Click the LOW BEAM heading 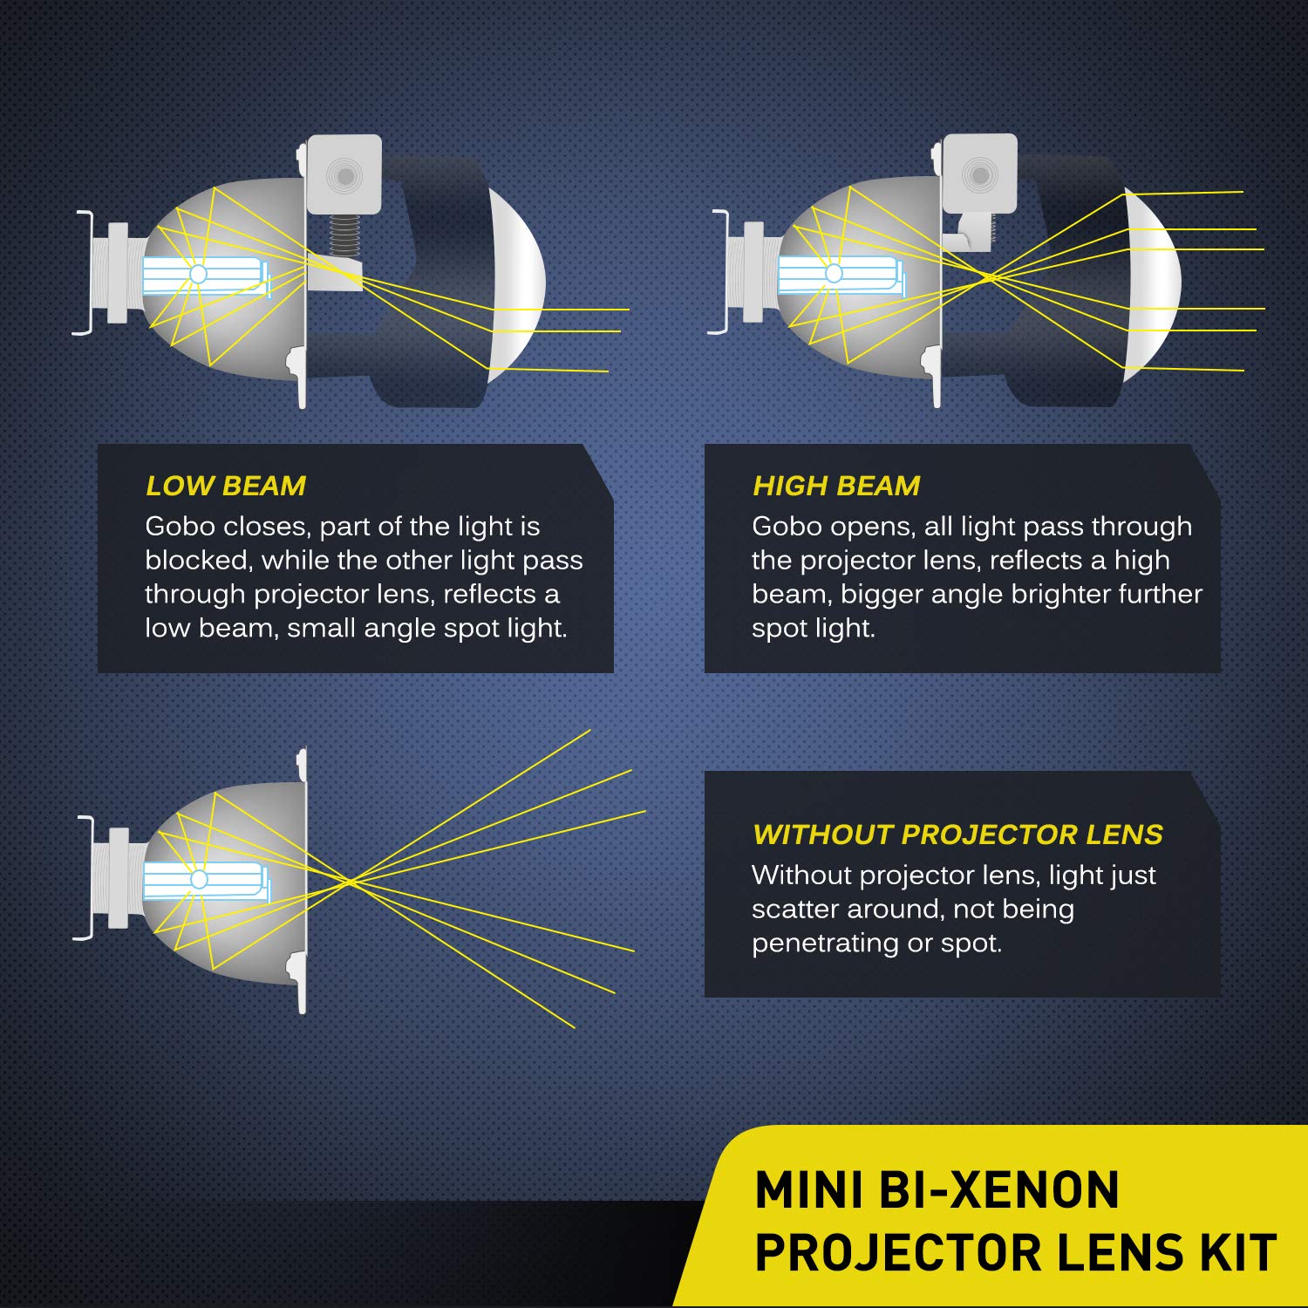[x=225, y=486]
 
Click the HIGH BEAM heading [x=835, y=486]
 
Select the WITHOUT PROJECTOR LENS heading [x=957, y=835]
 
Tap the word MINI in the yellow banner [x=809, y=1191]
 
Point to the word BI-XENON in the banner [x=998, y=1191]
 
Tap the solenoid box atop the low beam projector [x=344, y=174]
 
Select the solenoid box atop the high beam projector [x=980, y=174]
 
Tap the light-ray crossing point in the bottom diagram [x=351, y=882]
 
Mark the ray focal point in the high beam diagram [x=988, y=278]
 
